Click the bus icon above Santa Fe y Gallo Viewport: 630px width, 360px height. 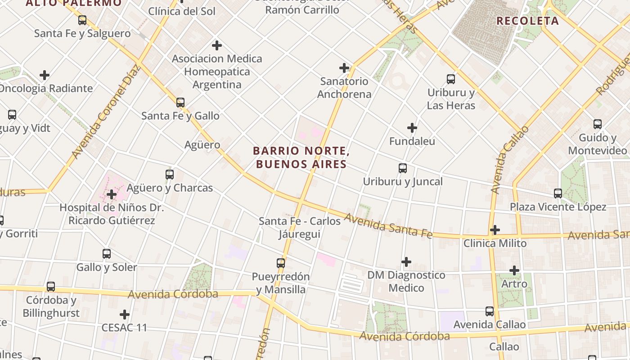(180, 103)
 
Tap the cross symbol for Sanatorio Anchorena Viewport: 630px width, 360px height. (344, 68)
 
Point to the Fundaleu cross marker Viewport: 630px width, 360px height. (412, 128)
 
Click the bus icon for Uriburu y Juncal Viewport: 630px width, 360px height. (403, 168)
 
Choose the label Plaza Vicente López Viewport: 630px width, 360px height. (558, 207)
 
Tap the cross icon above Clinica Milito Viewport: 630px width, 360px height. (495, 230)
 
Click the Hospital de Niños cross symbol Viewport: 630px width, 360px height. (112, 194)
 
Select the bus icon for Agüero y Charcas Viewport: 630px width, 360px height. (170, 175)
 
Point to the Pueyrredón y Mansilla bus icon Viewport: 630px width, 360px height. (281, 263)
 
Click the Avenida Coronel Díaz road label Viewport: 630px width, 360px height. (106, 112)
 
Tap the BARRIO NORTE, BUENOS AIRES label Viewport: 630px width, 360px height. (301, 157)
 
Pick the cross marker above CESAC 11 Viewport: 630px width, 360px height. (125, 314)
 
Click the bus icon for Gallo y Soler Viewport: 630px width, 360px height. (107, 254)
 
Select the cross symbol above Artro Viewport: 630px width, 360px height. (514, 270)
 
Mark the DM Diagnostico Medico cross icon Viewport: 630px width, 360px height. (406, 261)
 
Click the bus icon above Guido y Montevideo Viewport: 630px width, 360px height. (598, 124)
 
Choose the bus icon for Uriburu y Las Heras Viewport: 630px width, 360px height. (451, 80)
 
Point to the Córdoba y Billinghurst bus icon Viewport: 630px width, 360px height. (51, 287)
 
